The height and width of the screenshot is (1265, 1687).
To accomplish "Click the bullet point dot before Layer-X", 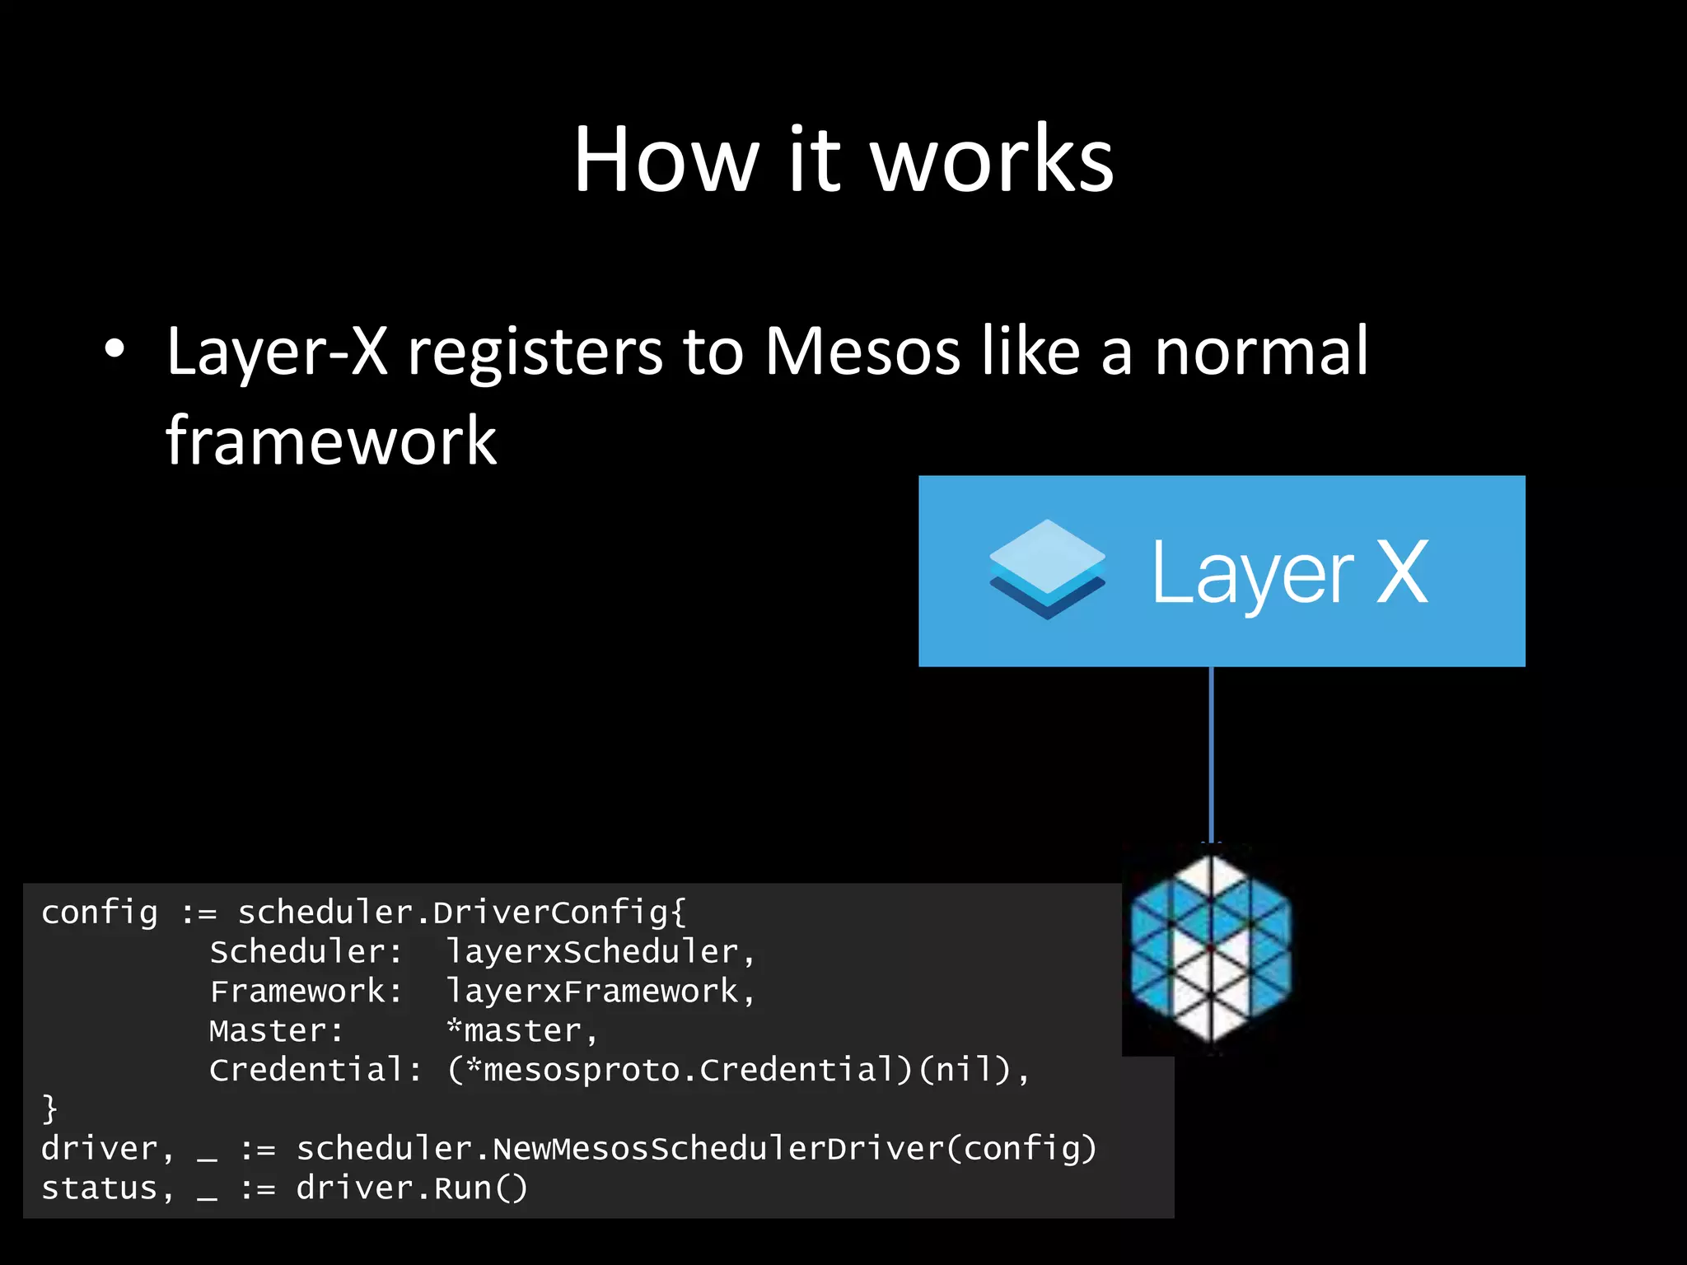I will pyautogui.click(x=114, y=349).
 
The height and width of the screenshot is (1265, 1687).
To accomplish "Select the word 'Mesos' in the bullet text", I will pyautogui.click(x=862, y=352).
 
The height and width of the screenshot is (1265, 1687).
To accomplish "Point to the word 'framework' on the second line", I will pyautogui.click(x=331, y=441).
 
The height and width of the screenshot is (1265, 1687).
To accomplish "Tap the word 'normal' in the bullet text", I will pyautogui.click(x=1261, y=352).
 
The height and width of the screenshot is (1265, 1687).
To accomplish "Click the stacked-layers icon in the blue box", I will pyautogui.click(x=1047, y=569).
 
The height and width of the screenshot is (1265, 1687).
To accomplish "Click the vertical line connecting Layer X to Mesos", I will pyautogui.click(x=1211, y=754).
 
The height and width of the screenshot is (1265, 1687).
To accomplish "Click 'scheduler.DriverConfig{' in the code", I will pyautogui.click(x=461, y=913).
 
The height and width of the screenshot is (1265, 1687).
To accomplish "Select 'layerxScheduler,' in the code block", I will pyautogui.click(x=600, y=952).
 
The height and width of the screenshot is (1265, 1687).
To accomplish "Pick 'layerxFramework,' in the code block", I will pyautogui.click(x=600, y=992).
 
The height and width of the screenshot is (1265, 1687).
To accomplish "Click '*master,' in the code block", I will pyautogui.click(x=521, y=1031).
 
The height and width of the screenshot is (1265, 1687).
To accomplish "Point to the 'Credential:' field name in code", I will pyautogui.click(x=315, y=1070).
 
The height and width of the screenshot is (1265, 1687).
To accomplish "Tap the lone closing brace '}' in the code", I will pyautogui.click(x=49, y=1109).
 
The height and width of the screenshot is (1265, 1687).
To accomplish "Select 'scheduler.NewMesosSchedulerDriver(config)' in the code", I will pyautogui.click(x=696, y=1149).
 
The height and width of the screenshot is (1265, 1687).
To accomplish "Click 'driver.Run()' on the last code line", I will pyautogui.click(x=411, y=1188).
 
